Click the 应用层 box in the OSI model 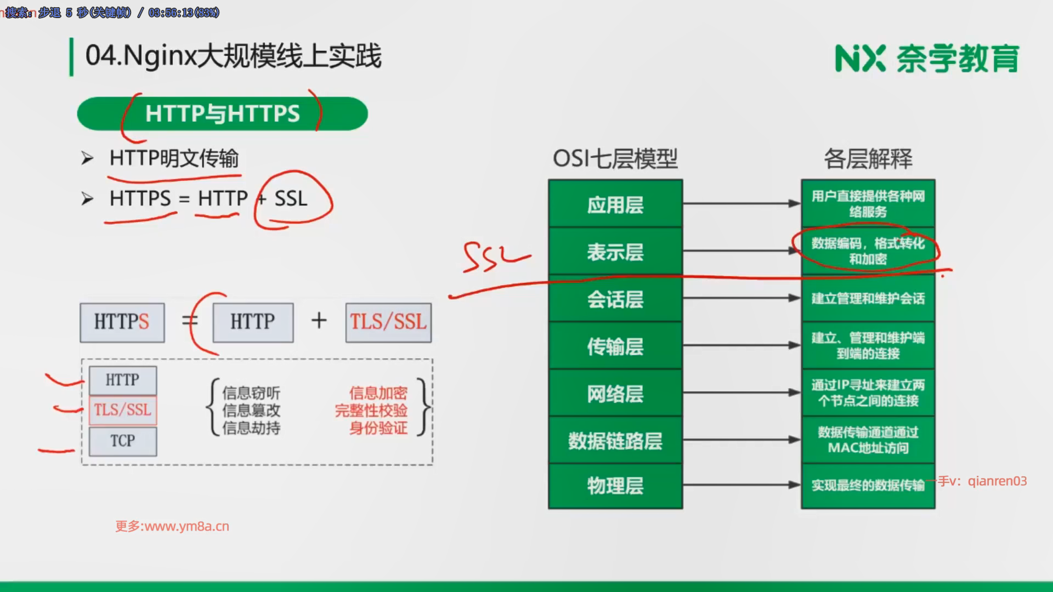point(615,204)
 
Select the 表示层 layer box point(615,252)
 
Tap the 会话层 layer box point(615,299)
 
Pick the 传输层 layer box point(615,346)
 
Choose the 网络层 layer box point(615,393)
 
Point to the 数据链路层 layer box point(615,440)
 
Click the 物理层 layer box point(615,486)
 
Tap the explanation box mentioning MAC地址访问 point(868,440)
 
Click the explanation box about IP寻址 point(868,393)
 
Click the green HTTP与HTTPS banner point(222,113)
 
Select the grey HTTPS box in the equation point(122,322)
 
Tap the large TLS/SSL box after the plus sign point(388,322)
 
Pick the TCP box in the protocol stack point(122,441)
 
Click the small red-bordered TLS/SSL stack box point(122,410)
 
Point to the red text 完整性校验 point(371,411)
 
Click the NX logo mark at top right point(859,59)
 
